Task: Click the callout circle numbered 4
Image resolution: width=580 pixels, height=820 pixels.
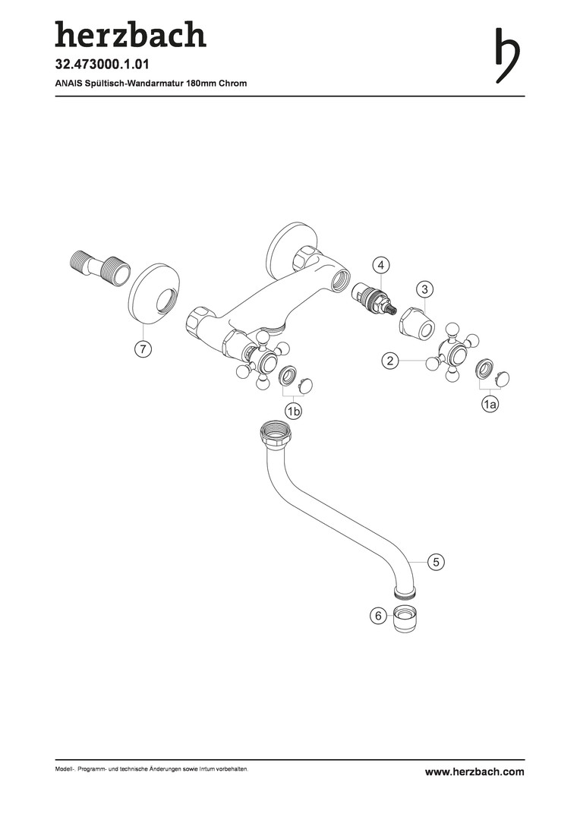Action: (x=381, y=265)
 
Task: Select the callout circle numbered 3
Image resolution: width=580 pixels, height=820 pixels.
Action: (x=424, y=289)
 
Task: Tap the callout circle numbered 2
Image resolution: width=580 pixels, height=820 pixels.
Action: (x=390, y=361)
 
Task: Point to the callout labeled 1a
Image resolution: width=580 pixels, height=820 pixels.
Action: (x=490, y=404)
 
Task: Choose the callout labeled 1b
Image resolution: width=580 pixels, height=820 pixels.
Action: (x=293, y=412)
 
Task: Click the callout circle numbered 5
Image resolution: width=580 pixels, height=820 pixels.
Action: (x=436, y=562)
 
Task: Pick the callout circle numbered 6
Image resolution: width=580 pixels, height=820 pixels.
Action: (x=379, y=616)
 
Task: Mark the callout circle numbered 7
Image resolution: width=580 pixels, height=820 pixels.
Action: (x=143, y=348)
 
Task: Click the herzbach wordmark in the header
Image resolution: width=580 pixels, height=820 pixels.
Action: (x=131, y=34)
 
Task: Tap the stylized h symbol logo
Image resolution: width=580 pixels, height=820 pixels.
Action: (x=507, y=55)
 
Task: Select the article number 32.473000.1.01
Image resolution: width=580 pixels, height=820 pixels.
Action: (x=102, y=65)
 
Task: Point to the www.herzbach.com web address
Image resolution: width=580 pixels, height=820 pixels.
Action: (x=474, y=771)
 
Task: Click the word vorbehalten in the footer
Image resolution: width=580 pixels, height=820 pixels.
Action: (x=233, y=769)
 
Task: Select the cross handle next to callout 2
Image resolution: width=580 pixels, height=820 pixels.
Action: (x=453, y=357)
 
